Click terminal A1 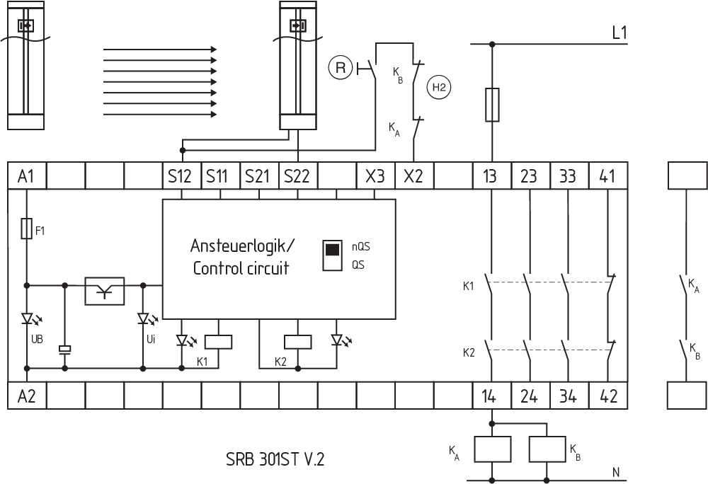point(26,175)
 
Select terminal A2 point(26,396)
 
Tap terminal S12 point(181,175)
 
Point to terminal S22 point(297,175)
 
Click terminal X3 point(375,175)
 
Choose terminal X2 point(413,175)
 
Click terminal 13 point(491,175)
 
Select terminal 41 point(607,175)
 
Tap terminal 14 point(491,396)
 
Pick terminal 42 point(607,396)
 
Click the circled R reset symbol point(341,68)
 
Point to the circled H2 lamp point(439,87)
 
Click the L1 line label point(619,32)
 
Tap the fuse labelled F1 point(26,229)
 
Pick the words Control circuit point(241,269)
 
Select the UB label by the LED point(37,339)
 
